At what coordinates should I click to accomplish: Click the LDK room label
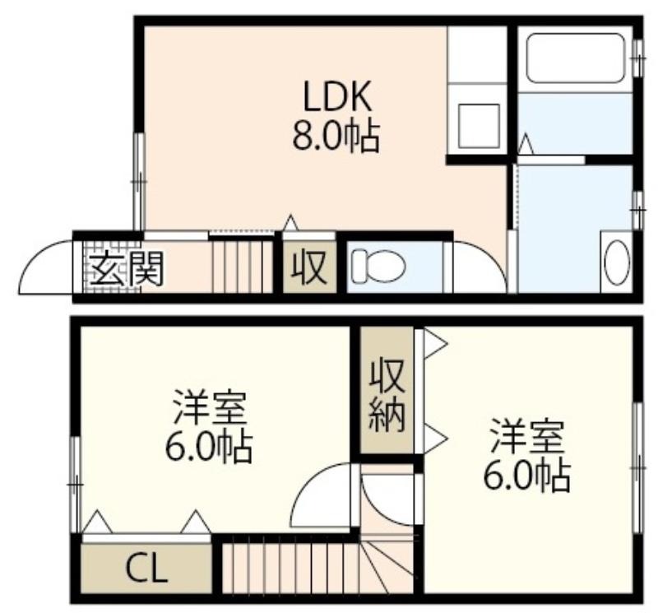point(337,96)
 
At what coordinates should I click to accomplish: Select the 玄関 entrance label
point(127,269)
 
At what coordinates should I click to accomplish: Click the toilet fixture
point(378,266)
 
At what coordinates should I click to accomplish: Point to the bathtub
point(577,58)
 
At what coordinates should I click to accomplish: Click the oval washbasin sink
point(616,261)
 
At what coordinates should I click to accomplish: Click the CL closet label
point(147,569)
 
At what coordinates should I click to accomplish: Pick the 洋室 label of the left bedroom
point(209,406)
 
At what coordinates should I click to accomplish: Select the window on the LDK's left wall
point(139,181)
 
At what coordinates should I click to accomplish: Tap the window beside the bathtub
point(638,58)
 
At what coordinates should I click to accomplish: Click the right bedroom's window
point(638,467)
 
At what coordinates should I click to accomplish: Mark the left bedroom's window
point(76,485)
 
